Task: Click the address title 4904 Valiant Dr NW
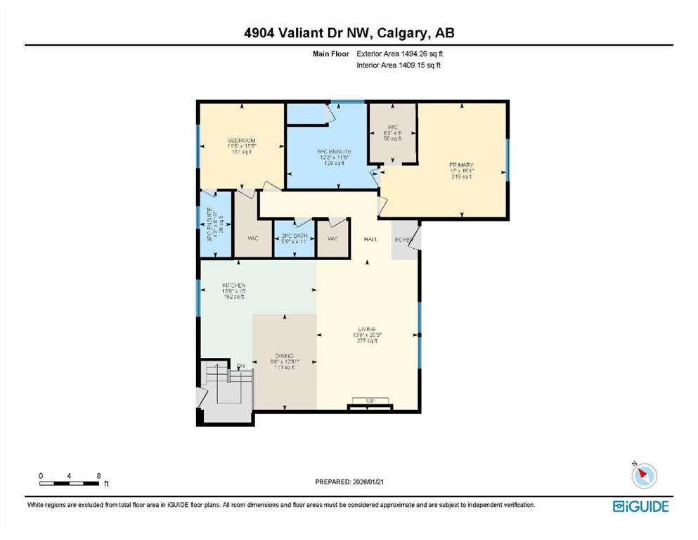tap(349, 33)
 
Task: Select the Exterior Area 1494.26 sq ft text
tap(399, 53)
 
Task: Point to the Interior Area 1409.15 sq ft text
tap(399, 65)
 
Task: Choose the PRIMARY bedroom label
tap(461, 170)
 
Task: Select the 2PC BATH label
tap(293, 239)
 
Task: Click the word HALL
tap(370, 239)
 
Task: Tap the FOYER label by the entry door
tap(403, 240)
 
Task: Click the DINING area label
tap(285, 361)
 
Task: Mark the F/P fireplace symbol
tap(370, 401)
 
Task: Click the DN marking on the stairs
tap(240, 366)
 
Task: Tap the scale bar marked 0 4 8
tap(69, 480)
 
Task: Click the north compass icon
tap(644, 476)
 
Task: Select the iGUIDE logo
tap(640, 506)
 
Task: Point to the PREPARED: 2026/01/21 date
tap(349, 482)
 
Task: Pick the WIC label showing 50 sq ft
tap(393, 133)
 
